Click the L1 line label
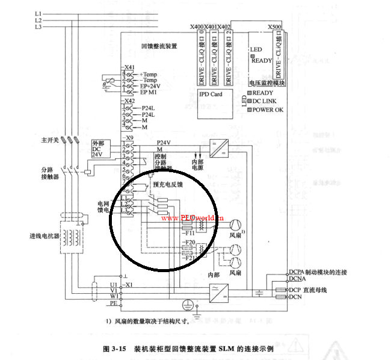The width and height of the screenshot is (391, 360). tap(38, 13)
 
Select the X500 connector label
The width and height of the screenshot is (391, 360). tap(274, 27)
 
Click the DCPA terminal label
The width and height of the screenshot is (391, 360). tap(297, 272)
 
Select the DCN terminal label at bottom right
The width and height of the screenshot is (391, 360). tap(295, 296)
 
